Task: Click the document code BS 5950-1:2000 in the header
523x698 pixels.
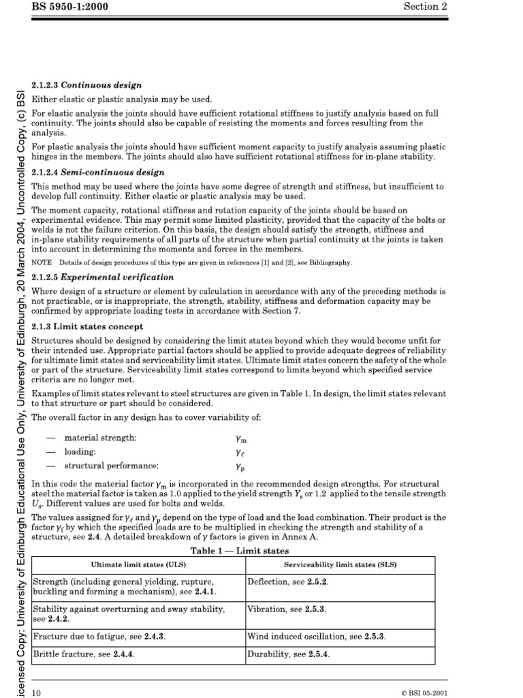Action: [70, 7]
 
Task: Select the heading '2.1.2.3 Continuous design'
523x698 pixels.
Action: [87, 85]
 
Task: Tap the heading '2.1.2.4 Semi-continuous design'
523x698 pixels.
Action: [98, 172]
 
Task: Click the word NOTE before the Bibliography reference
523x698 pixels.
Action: [42, 262]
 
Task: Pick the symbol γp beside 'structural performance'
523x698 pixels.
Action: [240, 468]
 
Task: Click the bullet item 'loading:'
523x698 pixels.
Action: [80, 452]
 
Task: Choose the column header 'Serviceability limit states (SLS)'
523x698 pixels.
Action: [340, 565]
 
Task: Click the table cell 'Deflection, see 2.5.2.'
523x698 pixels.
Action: [288, 582]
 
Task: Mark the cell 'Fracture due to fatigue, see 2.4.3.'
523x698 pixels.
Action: [99, 637]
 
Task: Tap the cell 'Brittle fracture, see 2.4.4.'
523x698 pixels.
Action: [84, 654]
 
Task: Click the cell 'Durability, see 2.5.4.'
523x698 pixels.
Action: [289, 654]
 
